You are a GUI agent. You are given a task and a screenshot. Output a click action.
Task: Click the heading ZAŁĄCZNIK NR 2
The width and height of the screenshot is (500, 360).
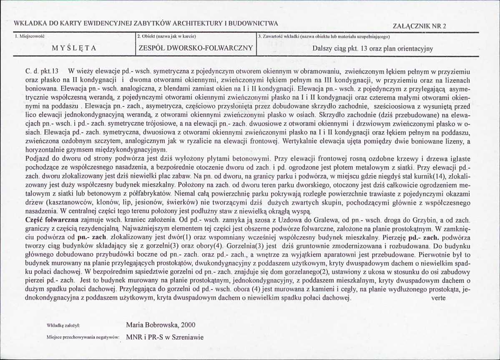[420, 26]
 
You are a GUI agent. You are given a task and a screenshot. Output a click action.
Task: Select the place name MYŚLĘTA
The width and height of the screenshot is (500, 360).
[74, 48]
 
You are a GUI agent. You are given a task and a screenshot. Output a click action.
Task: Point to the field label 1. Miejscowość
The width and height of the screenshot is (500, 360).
[30, 37]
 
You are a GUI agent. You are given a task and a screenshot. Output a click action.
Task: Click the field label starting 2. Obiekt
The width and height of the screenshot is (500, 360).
[161, 37]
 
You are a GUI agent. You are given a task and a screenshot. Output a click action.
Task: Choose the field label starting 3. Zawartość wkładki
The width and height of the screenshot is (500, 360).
[324, 37]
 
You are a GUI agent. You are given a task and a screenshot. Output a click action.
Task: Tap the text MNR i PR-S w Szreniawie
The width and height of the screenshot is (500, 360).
[165, 337]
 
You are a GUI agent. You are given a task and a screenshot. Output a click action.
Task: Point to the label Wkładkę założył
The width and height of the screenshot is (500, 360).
[63, 325]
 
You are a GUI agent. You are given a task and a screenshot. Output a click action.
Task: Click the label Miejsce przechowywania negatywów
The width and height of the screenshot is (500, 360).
[84, 337]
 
